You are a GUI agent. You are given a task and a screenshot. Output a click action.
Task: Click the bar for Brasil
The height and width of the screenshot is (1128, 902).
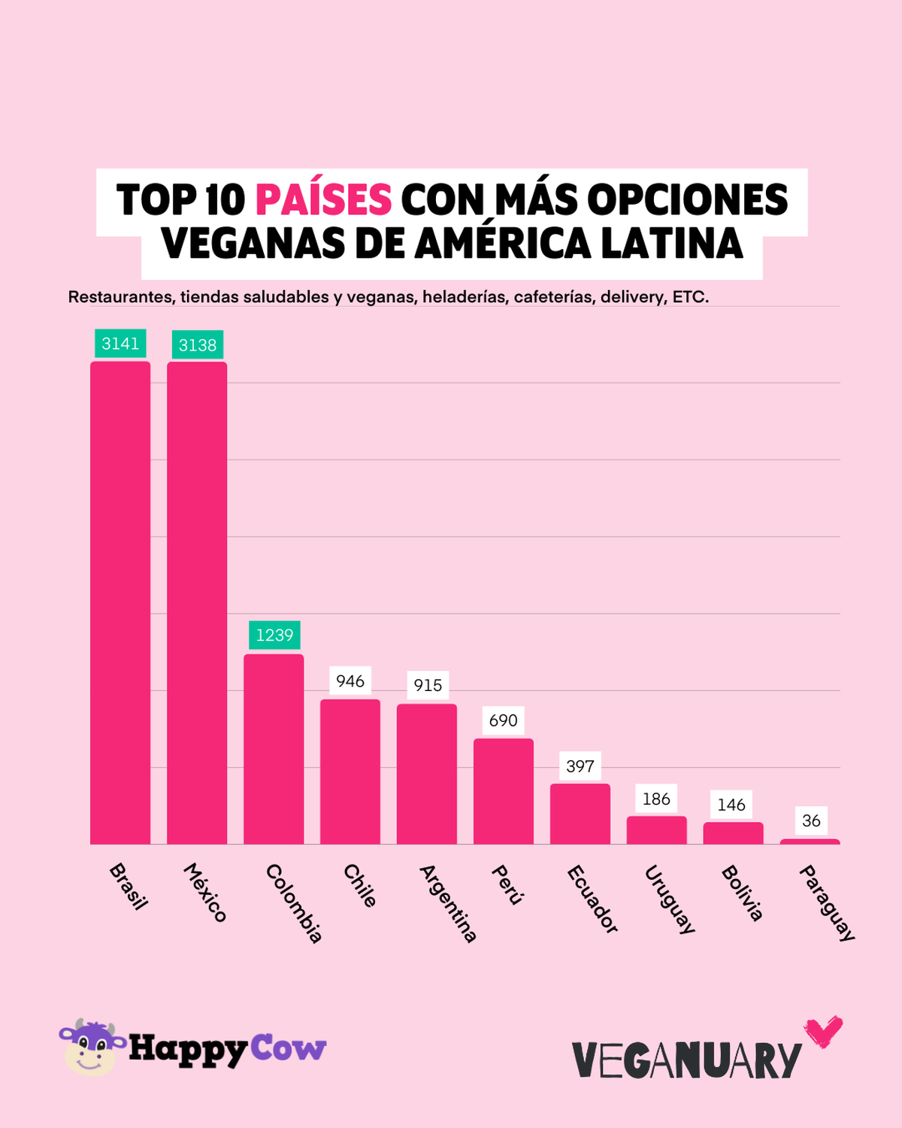120,602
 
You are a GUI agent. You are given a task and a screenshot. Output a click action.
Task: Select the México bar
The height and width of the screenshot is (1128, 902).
197,602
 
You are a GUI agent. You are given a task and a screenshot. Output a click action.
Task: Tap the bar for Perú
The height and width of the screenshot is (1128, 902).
504,791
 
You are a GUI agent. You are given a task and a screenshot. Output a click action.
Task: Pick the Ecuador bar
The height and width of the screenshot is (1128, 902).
580,814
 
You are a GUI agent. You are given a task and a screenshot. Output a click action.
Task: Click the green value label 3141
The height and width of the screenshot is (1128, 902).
120,344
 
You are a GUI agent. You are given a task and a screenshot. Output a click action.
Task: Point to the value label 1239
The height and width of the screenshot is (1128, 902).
274,635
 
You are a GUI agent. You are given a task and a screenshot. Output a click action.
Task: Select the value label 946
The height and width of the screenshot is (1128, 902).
350,681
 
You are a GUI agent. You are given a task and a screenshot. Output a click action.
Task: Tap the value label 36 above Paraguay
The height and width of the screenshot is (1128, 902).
811,820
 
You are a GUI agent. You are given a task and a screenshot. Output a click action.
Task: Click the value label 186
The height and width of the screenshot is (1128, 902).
656,799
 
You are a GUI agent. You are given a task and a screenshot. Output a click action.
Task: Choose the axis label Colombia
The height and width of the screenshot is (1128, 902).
294,903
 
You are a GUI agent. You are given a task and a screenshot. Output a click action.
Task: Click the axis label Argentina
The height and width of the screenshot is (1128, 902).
448,903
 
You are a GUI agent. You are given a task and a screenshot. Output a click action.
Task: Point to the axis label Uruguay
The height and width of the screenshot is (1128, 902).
670,899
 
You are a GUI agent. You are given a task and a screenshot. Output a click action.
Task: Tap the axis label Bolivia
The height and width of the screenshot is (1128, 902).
742,893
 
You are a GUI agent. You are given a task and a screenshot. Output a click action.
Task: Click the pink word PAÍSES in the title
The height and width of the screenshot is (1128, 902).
323,200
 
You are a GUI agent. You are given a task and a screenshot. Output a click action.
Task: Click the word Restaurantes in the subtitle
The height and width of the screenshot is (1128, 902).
120,297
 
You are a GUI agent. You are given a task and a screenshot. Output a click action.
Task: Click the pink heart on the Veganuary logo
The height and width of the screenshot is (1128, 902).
823,1032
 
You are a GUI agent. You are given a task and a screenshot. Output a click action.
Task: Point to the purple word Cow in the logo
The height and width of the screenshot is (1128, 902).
288,1048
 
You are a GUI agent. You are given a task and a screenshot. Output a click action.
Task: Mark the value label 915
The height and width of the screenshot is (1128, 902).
428,685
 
